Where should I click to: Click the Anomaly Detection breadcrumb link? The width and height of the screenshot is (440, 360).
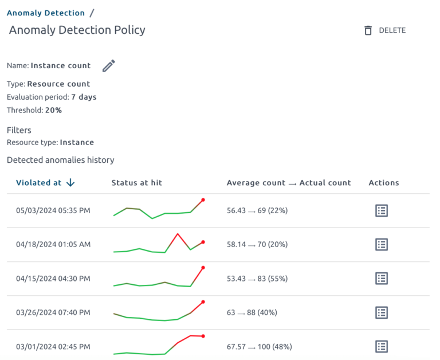(x=46, y=13)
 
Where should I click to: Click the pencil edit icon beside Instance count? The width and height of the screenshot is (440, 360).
(x=108, y=66)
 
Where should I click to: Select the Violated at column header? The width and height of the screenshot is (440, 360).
(x=38, y=183)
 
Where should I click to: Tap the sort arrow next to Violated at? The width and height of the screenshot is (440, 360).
(x=70, y=183)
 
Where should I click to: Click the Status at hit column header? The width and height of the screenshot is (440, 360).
(x=136, y=183)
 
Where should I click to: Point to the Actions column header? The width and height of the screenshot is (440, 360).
(x=384, y=183)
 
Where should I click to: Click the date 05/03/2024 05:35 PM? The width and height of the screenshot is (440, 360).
(x=53, y=210)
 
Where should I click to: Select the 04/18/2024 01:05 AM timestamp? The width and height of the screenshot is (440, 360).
(x=53, y=244)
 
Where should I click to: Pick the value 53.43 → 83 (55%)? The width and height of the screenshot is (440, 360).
(x=257, y=279)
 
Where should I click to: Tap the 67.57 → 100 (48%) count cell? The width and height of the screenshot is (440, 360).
(x=257, y=347)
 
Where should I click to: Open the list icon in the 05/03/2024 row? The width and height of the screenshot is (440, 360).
(x=381, y=210)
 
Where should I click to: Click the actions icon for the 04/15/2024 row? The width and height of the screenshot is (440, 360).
(x=381, y=279)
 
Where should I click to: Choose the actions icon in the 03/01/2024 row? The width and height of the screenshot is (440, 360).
(x=381, y=347)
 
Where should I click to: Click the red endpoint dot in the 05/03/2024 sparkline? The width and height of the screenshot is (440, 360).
(x=203, y=200)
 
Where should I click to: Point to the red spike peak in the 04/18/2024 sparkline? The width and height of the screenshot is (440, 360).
(x=178, y=234)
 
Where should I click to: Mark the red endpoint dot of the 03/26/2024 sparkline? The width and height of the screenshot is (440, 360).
(x=203, y=302)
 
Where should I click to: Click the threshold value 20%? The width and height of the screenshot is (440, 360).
(x=53, y=110)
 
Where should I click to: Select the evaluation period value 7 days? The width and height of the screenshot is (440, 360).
(x=84, y=97)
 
